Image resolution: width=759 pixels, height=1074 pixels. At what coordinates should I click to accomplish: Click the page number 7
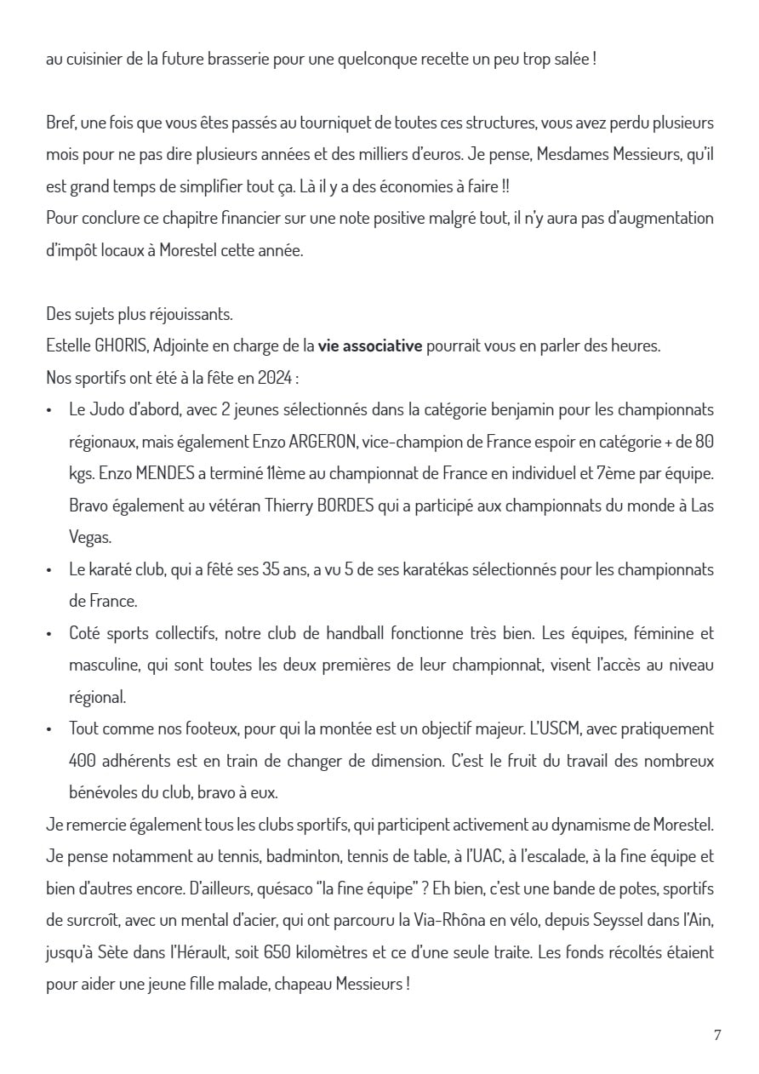pyautogui.click(x=717, y=1035)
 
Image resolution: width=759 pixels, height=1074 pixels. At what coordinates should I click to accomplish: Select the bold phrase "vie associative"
pyautogui.click(x=370, y=346)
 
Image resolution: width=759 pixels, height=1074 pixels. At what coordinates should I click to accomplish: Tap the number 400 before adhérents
pyautogui.click(x=83, y=760)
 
